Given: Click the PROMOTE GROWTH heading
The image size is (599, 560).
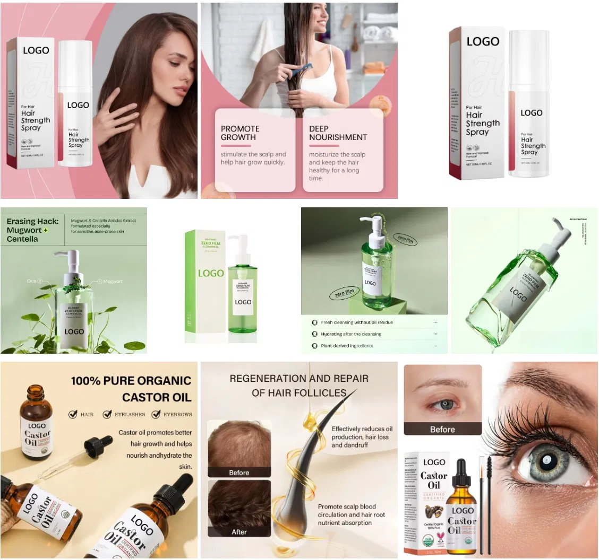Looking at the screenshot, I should [x=240, y=133].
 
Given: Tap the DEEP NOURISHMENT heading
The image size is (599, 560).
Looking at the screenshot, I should [x=338, y=133].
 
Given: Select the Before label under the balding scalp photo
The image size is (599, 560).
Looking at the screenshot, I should [x=239, y=472].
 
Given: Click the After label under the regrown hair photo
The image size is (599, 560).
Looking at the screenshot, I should [x=239, y=531].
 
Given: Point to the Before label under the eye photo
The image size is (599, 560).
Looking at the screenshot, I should [x=442, y=429].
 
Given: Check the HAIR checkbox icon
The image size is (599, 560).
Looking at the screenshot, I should [x=73, y=414].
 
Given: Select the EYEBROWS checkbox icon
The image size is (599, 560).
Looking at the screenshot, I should [x=156, y=414].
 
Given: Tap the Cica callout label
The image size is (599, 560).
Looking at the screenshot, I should [x=31, y=281].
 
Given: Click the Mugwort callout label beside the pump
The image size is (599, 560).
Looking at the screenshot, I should [x=113, y=281].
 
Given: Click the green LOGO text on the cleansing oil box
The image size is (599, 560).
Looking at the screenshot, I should [x=211, y=273].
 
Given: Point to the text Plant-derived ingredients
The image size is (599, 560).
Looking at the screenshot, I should [x=347, y=346].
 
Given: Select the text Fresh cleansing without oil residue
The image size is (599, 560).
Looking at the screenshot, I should [x=356, y=322].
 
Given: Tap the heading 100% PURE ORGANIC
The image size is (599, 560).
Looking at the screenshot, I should [x=131, y=381].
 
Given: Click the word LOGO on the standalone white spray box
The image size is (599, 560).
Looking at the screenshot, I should [x=483, y=41].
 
